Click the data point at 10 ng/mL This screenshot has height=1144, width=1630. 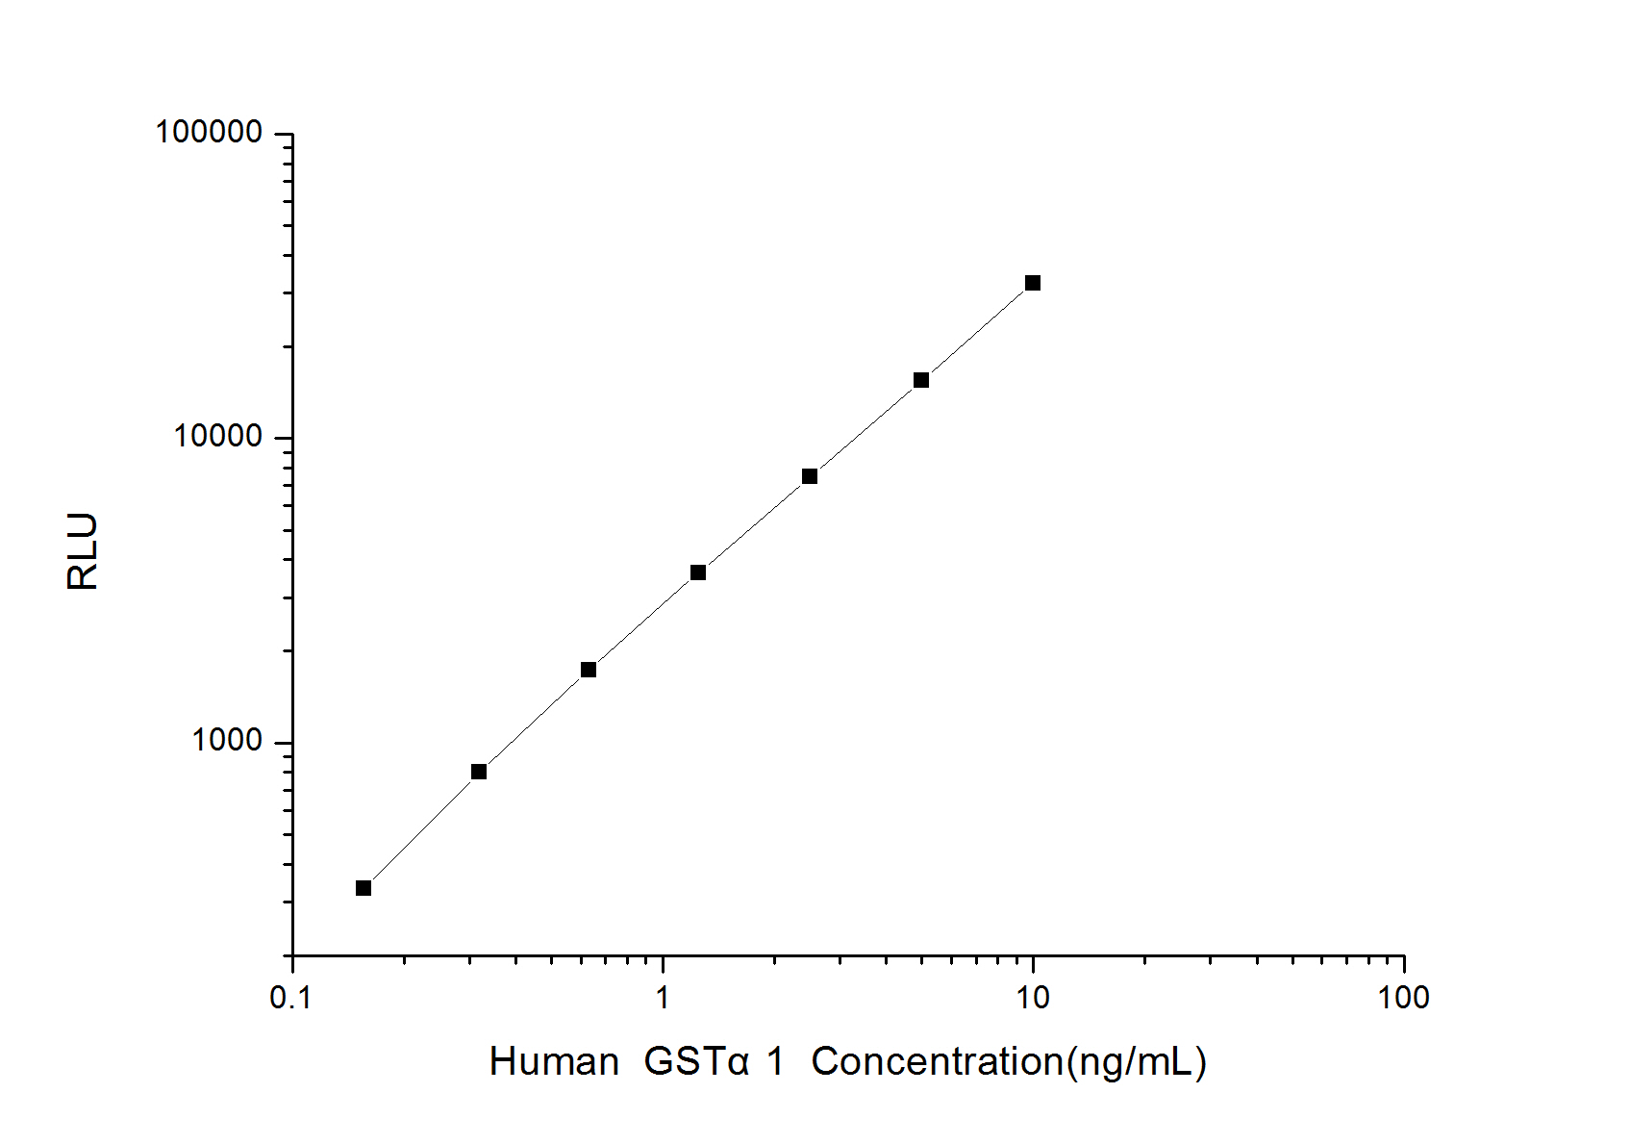click(x=1033, y=283)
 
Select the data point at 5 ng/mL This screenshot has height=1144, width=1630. click(x=921, y=380)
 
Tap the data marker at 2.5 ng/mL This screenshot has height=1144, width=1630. click(x=810, y=476)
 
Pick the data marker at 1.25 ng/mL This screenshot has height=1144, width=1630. click(x=698, y=572)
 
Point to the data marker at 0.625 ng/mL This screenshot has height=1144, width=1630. click(x=589, y=670)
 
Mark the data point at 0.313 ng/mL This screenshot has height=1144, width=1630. click(x=479, y=772)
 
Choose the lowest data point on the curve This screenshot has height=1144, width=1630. click(x=364, y=888)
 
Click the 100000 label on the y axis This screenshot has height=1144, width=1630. click(x=210, y=133)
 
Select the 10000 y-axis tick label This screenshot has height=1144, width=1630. click(x=218, y=437)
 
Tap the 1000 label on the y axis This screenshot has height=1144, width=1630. click(x=227, y=741)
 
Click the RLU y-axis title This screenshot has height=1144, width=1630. click(x=84, y=551)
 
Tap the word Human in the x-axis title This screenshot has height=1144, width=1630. click(x=554, y=1062)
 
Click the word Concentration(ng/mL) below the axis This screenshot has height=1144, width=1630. click(x=1009, y=1062)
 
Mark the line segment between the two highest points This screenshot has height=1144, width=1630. click(x=977, y=332)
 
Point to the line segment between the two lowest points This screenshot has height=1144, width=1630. click(x=421, y=830)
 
